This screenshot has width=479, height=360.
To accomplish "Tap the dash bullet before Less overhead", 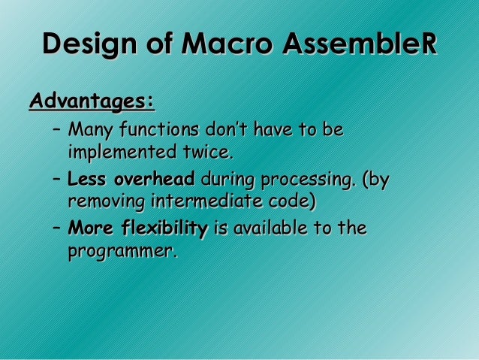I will (56, 180).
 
